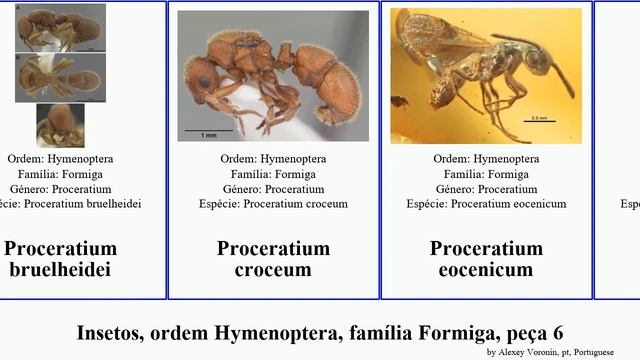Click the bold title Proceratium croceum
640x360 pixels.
[273, 259]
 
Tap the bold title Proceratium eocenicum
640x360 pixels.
[486, 259]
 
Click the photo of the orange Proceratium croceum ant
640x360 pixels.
[273, 76]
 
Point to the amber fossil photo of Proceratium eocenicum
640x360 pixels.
[486, 76]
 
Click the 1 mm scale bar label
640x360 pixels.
[209, 135]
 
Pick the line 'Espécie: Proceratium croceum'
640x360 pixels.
[273, 204]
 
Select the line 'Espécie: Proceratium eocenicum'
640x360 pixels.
[486, 204]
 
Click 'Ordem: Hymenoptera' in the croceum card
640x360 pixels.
[273, 158]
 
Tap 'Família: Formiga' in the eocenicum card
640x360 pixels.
[486, 173]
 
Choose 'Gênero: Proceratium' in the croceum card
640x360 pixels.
[273, 189]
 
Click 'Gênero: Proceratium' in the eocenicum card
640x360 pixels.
[486, 189]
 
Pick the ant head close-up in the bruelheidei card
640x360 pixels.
[60, 125]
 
